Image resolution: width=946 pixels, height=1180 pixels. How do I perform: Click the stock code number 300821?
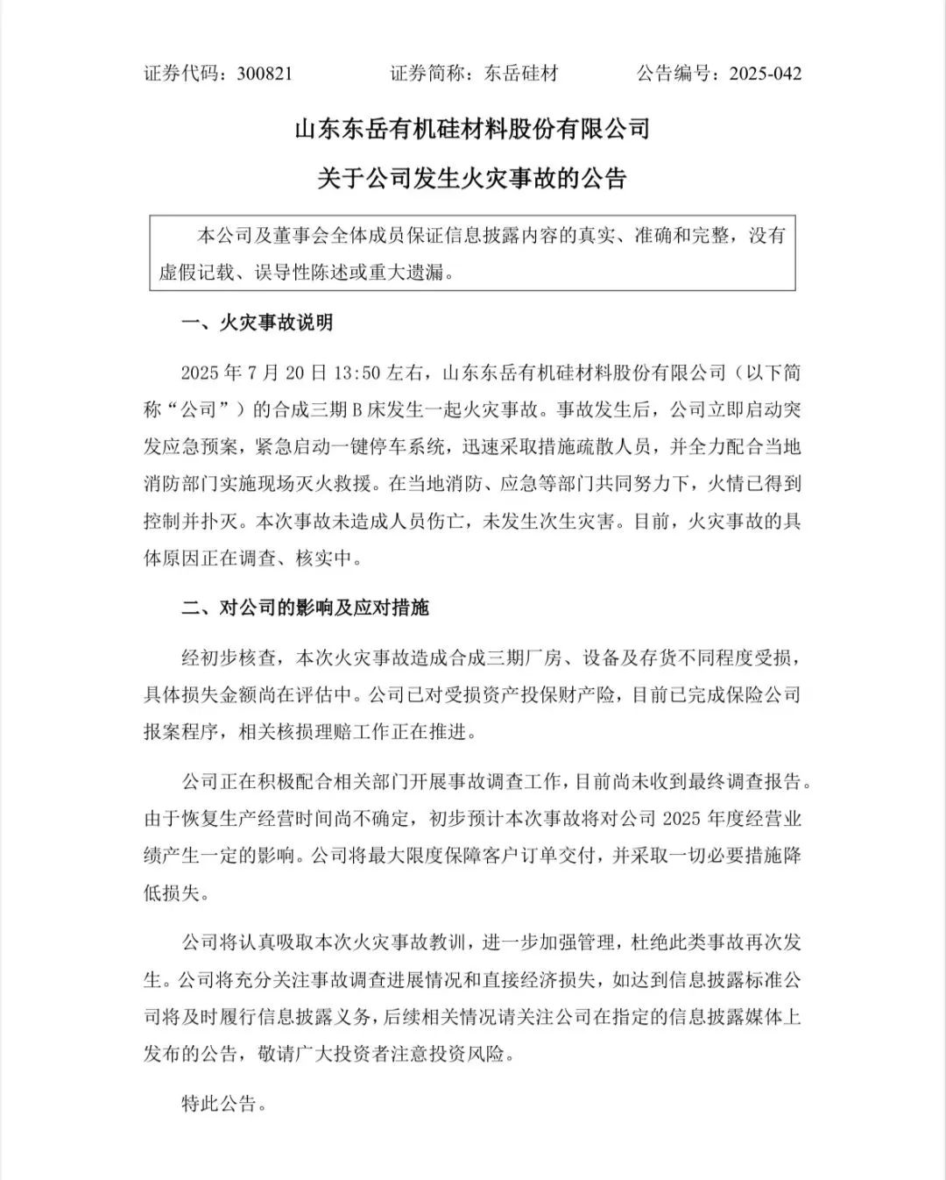[x=265, y=74]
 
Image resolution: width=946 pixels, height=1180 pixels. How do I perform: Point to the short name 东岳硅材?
[x=521, y=74]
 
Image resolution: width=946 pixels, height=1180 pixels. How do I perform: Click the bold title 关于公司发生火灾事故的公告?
[x=472, y=179]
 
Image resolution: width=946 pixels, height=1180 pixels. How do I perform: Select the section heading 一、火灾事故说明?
[x=257, y=323]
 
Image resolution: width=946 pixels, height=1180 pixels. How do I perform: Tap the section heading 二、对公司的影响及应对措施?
[x=305, y=608]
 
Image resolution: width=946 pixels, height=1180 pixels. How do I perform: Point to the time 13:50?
[x=357, y=373]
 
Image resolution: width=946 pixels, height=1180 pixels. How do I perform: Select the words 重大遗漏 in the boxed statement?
[x=409, y=273]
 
